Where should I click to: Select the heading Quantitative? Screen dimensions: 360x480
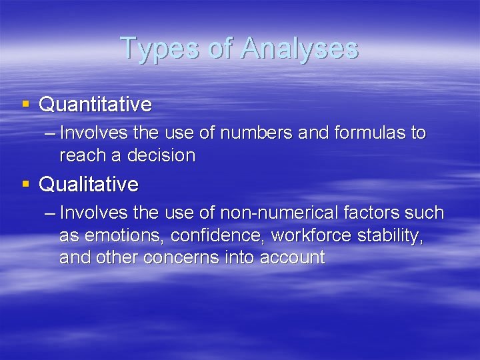coord(95,105)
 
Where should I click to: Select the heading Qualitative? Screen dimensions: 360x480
coord(89,184)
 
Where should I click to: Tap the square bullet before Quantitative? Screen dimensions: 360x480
coord(25,104)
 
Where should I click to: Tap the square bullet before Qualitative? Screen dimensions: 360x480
coord(25,183)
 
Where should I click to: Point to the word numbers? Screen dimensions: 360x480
coord(254,133)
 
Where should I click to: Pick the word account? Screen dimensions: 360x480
coord(293,258)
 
